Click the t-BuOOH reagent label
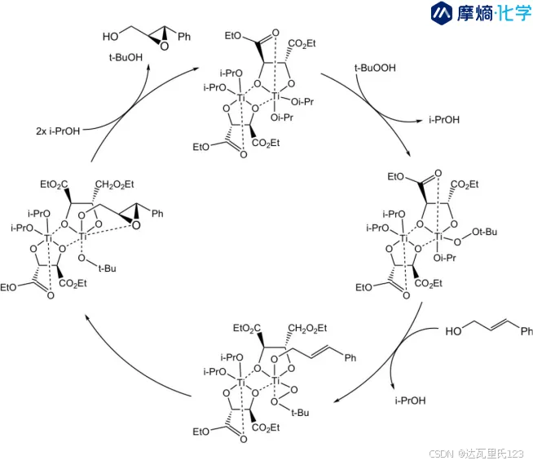coord(374,70)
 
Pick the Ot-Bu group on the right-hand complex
coord(482,233)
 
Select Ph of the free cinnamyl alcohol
coord(526,331)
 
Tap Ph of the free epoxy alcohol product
coord(184,37)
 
